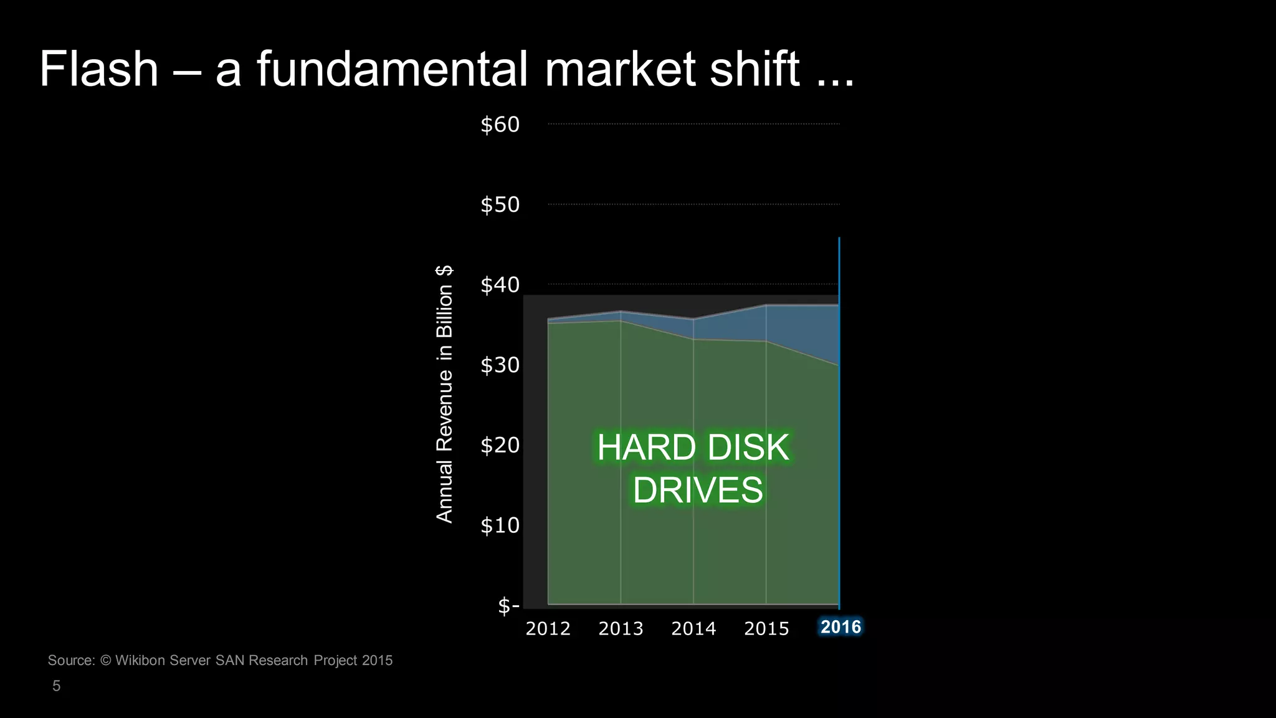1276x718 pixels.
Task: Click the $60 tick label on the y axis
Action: click(500, 125)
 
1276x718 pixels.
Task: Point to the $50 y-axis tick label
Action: click(500, 204)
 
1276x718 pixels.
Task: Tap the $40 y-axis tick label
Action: click(500, 285)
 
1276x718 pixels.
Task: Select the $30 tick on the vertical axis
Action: click(500, 365)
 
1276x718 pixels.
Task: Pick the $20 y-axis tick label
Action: click(500, 445)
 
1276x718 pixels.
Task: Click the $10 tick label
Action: click(500, 525)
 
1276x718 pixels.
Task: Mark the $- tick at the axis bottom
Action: click(508, 605)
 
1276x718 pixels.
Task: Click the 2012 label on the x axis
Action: click(548, 628)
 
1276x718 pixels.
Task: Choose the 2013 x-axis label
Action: click(621, 628)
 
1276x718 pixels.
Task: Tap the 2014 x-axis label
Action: click(693, 628)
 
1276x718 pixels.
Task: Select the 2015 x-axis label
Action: click(766, 628)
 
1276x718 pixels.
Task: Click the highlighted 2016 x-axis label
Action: click(840, 627)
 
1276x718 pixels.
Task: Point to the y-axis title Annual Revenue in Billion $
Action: click(444, 394)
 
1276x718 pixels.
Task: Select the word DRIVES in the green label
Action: click(698, 490)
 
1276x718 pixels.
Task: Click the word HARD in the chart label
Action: click(646, 448)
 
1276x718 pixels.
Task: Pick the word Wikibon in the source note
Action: click(140, 661)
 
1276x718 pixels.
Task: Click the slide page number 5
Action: click(57, 686)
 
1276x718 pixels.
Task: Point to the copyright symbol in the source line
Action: click(105, 661)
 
